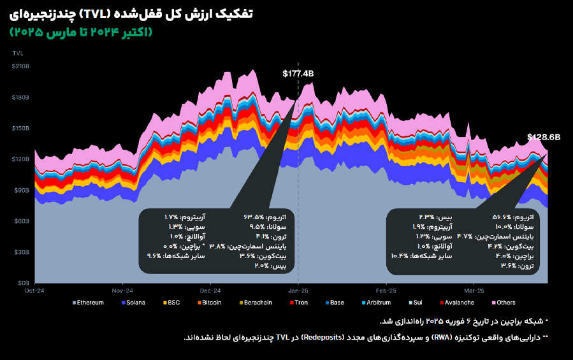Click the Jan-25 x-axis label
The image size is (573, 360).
pyautogui.click(x=298, y=288)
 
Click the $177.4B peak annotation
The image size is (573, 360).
pyautogui.click(x=298, y=73)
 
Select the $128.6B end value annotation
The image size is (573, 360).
pyautogui.click(x=543, y=137)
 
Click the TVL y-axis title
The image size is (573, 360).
pyautogui.click(x=18, y=53)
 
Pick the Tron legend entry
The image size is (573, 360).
pyautogui.click(x=301, y=302)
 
